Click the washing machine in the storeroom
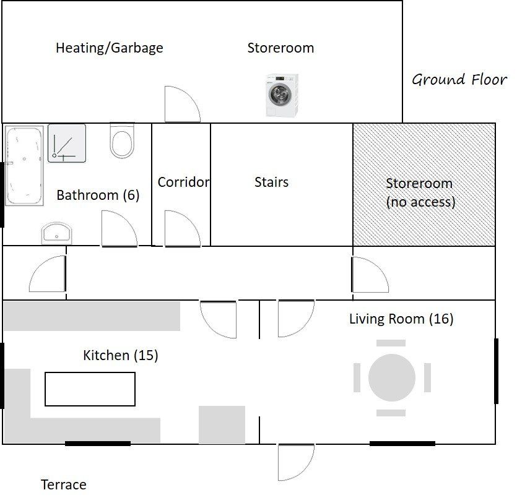282,95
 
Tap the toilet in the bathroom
122,140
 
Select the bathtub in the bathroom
24,166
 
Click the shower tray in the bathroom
67,144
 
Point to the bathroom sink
57,233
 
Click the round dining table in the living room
392,377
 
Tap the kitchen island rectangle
90,389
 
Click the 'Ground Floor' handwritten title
459,80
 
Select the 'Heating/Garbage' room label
110,48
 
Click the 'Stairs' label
271,182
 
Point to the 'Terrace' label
64,484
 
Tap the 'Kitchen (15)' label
121,355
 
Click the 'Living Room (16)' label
401,319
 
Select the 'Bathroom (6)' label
98,195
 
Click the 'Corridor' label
183,182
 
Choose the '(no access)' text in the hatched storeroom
421,202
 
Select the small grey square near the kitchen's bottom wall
222,425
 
